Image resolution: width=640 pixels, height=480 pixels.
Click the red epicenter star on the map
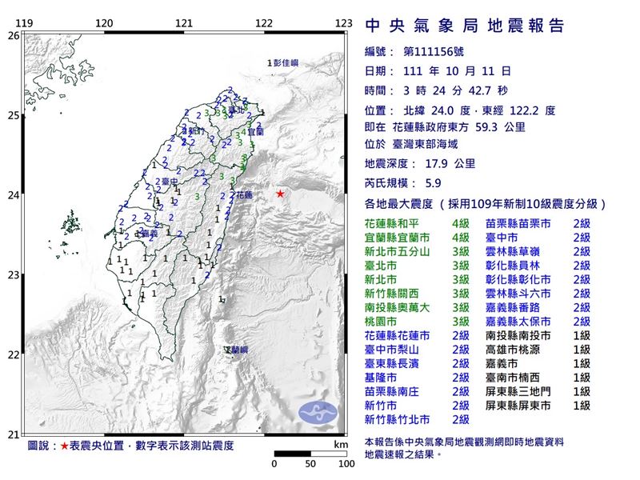pos(280,194)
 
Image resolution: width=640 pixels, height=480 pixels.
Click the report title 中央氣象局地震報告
pos(465,26)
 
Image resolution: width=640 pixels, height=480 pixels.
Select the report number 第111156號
pos(436,52)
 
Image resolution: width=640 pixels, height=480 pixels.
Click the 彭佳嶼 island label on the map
pos(283,62)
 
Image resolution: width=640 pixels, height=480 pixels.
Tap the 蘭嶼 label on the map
pos(236,350)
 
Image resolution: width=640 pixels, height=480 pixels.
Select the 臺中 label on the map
pos(167,182)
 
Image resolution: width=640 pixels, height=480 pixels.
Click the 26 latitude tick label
pos(13,36)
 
